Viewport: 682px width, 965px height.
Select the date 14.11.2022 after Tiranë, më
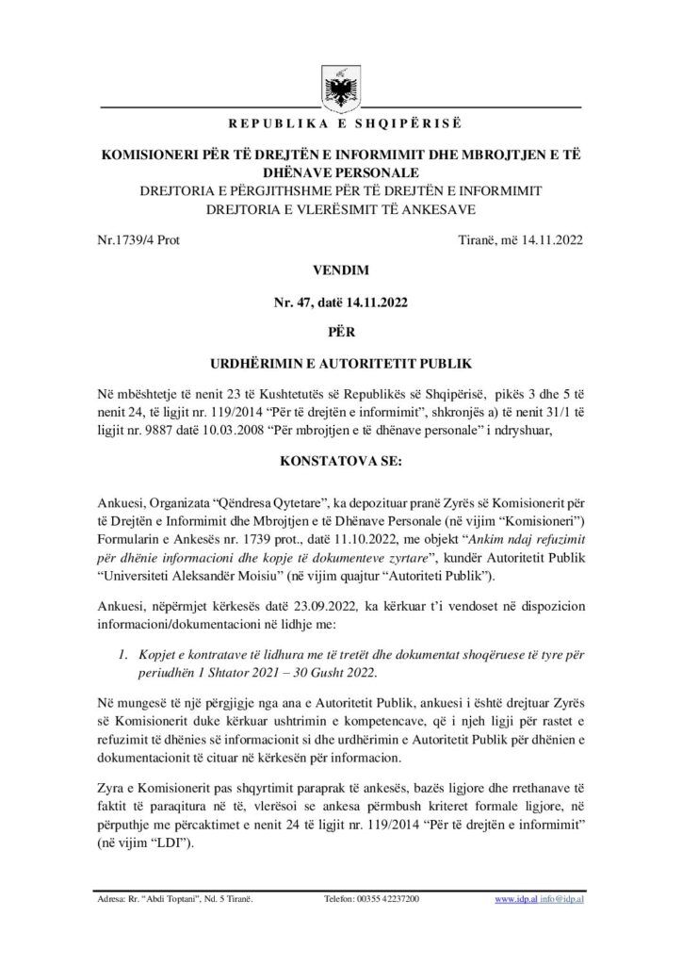551,239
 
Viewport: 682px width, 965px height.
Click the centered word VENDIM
340,270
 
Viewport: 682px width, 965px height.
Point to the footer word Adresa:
113,900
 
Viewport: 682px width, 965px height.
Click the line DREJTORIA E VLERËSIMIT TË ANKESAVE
340,207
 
